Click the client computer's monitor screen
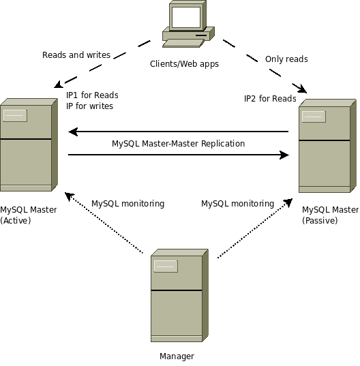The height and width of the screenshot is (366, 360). pos(186,17)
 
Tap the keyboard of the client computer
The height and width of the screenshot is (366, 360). pos(183,44)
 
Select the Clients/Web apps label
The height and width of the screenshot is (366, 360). pos(184,64)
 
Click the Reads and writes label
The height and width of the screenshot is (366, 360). pos(76,55)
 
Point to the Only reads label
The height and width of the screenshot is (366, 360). pos(286,59)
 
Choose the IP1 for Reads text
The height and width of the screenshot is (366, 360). pos(92,95)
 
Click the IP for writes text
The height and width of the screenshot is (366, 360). pos(89,106)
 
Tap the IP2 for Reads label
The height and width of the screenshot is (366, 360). pos(270,99)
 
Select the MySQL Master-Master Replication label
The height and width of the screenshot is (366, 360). pos(179,144)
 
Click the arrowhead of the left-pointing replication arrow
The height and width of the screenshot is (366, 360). pos(73,132)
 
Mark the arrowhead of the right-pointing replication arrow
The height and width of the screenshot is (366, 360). pos(284,155)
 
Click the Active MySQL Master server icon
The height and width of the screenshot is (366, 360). pos(29,145)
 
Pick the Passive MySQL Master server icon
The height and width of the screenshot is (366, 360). pos(327,146)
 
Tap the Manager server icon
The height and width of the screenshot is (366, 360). pos(179,296)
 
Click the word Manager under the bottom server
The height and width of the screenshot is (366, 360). pos(177,356)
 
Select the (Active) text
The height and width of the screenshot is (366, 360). pos(16,221)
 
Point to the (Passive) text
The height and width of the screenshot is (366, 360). pos(320,221)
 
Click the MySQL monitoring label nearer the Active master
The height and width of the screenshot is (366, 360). pos(128,204)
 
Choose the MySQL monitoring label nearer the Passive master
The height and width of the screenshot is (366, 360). pos(238,204)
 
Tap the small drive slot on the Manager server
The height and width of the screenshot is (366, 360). pos(166,266)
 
